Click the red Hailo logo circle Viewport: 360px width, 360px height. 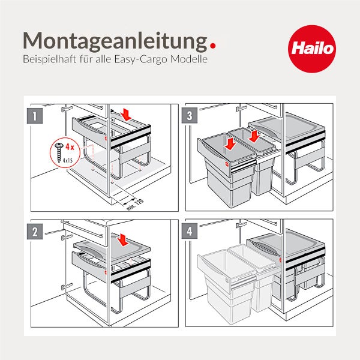[x=311, y=47]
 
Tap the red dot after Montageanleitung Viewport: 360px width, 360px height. [x=212, y=44]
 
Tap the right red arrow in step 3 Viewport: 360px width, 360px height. [x=254, y=137]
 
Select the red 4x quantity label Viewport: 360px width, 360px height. [x=69, y=146]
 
